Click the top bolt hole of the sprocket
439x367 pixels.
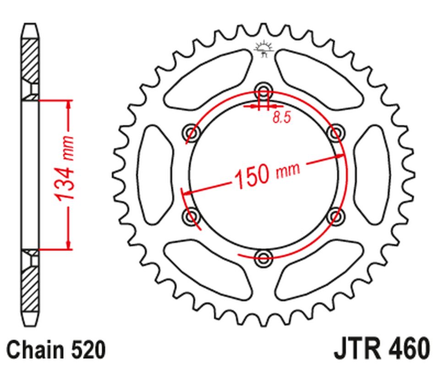[x=263, y=90]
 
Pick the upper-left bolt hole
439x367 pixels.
[x=192, y=133]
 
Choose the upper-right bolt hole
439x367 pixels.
[x=336, y=133]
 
